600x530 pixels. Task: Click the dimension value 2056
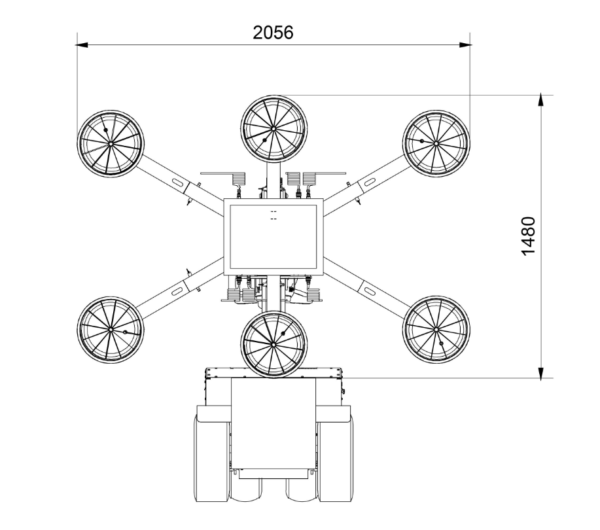tap(273, 33)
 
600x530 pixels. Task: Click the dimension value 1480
tap(529, 236)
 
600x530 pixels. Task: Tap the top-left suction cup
tap(111, 143)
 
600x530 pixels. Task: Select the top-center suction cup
tap(274, 129)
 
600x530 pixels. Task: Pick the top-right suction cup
tap(436, 143)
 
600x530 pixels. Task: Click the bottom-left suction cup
tap(111, 330)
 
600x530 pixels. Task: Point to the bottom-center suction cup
tap(274, 344)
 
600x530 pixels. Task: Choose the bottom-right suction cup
tap(436, 330)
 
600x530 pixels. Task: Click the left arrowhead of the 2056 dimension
tap(82, 45)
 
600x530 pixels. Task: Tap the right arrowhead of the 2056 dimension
tap(465, 45)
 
